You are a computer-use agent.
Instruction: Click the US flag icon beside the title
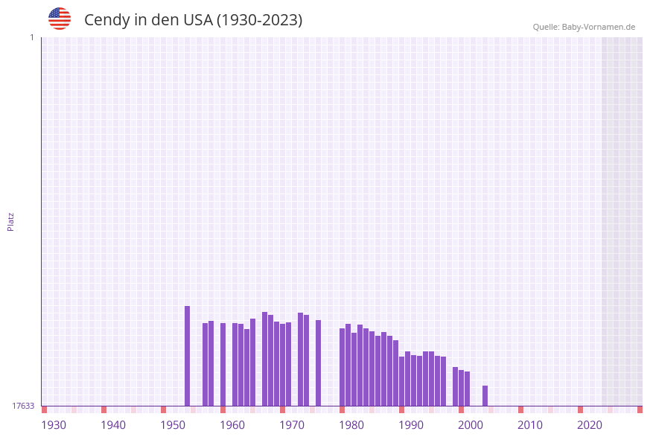tap(60, 19)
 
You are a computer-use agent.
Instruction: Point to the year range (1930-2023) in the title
tap(259, 20)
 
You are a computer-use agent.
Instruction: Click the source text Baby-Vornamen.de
tap(598, 27)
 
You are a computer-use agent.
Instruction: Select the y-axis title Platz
tap(11, 222)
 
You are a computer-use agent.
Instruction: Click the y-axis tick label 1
tap(31, 38)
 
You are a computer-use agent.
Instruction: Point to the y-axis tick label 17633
tap(23, 406)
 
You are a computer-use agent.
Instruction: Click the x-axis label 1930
tap(54, 425)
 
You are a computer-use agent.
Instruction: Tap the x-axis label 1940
tap(113, 425)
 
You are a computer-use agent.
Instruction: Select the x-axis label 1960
tap(232, 425)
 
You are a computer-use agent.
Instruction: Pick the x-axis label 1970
tap(292, 425)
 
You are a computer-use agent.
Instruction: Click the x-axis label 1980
tap(351, 425)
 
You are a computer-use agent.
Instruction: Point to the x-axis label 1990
tap(411, 425)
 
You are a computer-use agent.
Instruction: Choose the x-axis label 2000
tap(471, 425)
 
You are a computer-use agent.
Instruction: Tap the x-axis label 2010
tap(530, 425)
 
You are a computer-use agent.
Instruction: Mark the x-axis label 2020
tap(590, 425)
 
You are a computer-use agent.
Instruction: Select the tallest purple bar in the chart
tap(187, 356)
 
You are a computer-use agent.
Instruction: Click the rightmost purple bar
tap(485, 395)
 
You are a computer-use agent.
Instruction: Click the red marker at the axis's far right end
tap(640, 409)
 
